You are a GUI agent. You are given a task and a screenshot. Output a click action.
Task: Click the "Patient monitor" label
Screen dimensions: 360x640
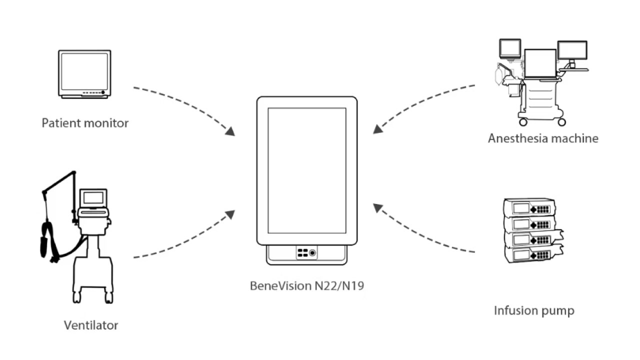point(85,123)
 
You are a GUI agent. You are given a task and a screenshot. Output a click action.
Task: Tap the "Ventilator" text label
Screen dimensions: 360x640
point(91,325)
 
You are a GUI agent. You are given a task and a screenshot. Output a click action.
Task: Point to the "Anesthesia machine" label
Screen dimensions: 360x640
point(543,138)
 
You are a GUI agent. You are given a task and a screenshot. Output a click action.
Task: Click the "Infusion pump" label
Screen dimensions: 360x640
point(534,310)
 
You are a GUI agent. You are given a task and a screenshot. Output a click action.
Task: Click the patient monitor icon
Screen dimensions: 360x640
point(84,73)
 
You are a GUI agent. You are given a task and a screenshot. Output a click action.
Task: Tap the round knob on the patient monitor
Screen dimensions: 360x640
point(103,92)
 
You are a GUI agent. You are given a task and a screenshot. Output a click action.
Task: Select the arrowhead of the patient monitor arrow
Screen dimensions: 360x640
point(230,131)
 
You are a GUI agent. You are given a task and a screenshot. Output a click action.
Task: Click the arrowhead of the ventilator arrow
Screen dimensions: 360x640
point(230,214)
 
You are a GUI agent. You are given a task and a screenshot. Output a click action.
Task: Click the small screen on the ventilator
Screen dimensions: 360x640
point(93,198)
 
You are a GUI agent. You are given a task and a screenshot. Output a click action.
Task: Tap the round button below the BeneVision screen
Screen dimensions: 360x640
point(313,253)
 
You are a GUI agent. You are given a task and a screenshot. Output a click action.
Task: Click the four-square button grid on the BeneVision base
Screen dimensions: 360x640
point(302,253)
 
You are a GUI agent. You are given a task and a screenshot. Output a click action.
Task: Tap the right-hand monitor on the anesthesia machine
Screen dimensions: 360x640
point(572,50)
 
